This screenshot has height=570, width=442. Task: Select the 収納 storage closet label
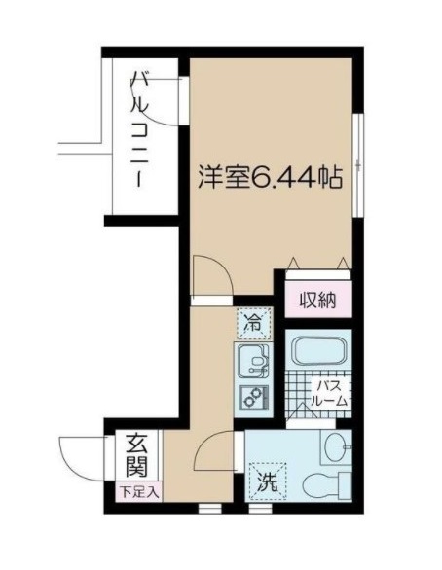pos(317,300)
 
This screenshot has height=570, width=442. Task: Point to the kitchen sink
pos(254,363)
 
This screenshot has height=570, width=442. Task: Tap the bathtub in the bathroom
pos(317,351)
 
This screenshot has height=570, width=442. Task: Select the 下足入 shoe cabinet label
pos(135,492)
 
